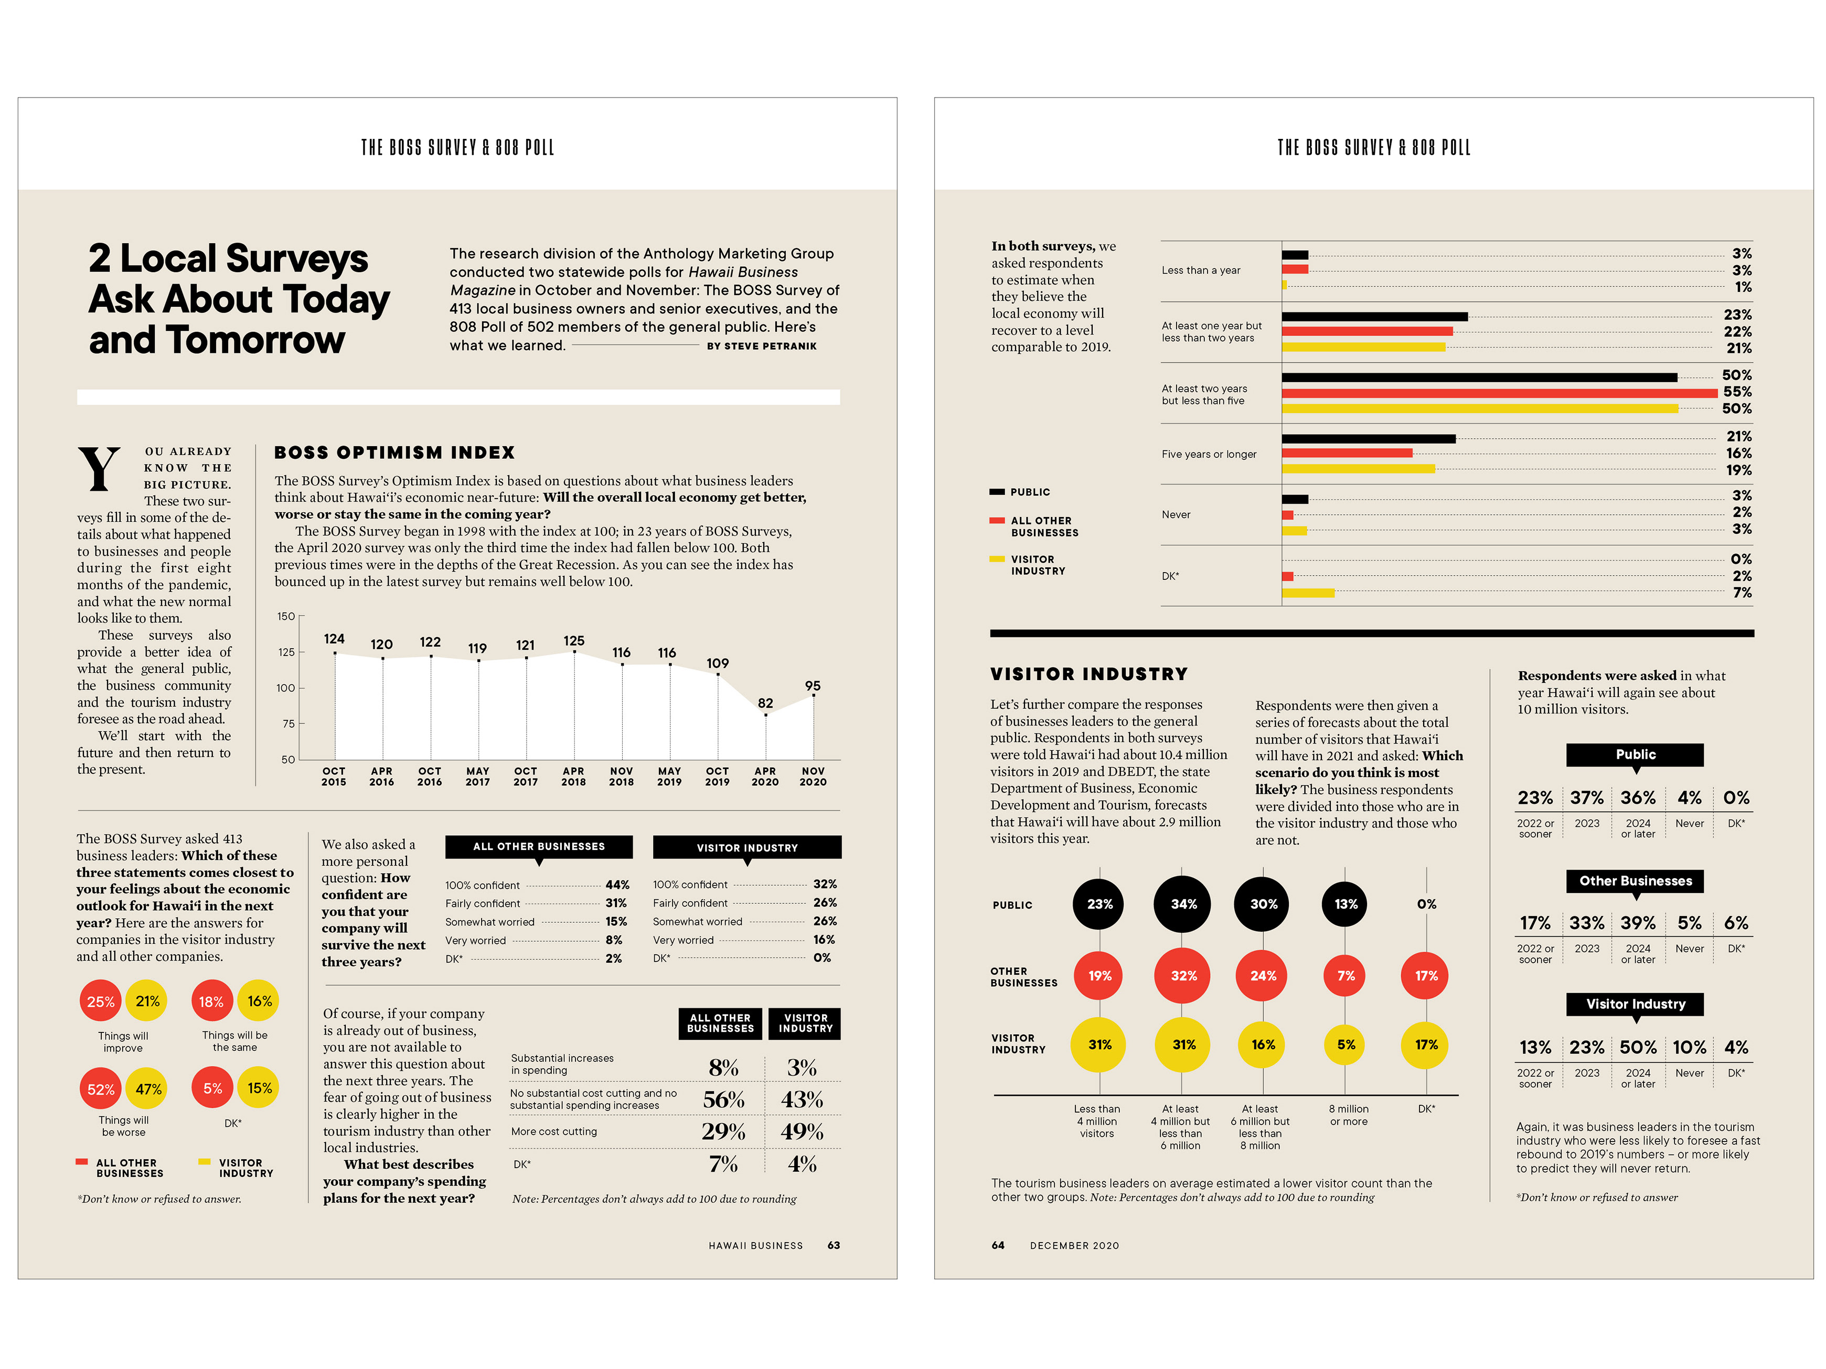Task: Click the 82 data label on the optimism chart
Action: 765,703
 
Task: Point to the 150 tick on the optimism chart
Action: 285,617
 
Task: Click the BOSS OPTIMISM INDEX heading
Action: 394,452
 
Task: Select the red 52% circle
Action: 101,1089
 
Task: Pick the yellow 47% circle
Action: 148,1089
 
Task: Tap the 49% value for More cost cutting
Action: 802,1131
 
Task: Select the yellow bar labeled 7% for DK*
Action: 1308,592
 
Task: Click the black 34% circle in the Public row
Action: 1183,904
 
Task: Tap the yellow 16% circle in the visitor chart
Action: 1262,1044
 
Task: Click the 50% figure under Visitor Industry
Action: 1638,1047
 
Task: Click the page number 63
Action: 834,1245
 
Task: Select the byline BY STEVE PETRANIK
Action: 761,347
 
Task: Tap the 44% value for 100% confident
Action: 617,885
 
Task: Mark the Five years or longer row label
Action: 1209,454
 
